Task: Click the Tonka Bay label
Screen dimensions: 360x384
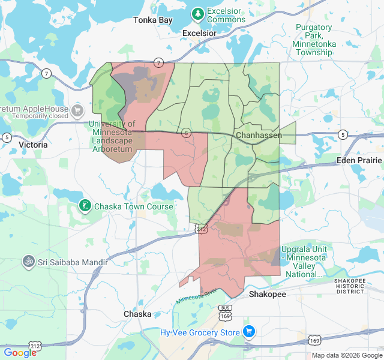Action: [x=152, y=20]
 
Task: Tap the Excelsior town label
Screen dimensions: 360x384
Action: [x=199, y=33]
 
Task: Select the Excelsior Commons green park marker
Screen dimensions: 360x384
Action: [x=197, y=13]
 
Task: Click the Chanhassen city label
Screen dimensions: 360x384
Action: [x=259, y=135]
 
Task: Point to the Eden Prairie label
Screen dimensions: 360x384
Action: [x=359, y=160]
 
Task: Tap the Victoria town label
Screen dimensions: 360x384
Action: [x=33, y=145]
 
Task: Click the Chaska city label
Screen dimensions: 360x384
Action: [x=137, y=314]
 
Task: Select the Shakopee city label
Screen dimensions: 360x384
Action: [x=268, y=295]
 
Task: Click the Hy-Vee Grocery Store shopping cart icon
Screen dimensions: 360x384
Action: [x=249, y=332]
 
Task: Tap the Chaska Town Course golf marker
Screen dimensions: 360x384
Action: [x=85, y=206]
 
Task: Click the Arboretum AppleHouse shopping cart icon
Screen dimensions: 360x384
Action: [x=77, y=110]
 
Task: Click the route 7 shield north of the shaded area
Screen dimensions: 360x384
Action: [x=158, y=62]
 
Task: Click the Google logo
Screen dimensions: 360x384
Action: [x=20, y=352]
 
